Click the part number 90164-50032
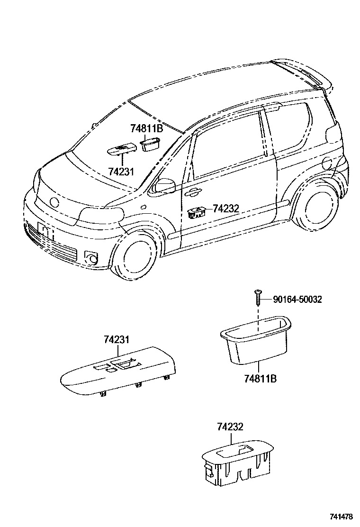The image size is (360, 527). point(297,299)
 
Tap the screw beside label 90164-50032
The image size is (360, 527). point(257,298)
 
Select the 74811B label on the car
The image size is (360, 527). point(146,128)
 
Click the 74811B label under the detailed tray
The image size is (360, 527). point(261,379)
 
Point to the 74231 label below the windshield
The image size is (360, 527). point(121,171)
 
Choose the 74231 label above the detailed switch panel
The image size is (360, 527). point(117,339)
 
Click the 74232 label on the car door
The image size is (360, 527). point(226,208)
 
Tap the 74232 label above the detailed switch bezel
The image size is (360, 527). point(230,427)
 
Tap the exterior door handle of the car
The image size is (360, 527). point(193,192)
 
